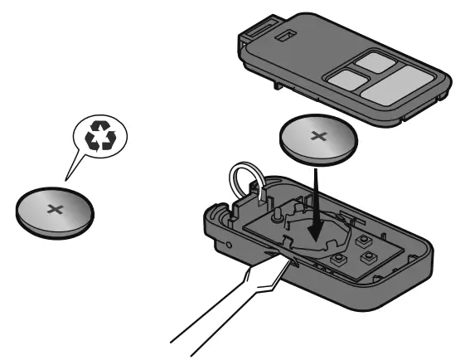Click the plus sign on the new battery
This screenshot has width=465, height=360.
click(318, 135)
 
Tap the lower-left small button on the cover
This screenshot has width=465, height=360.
click(346, 79)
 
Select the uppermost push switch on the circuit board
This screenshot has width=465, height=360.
click(362, 239)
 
